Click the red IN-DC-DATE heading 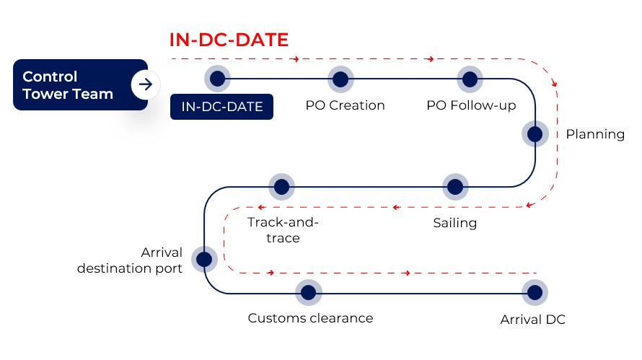pyautogui.click(x=229, y=39)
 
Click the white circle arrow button pyautogui.click(x=146, y=84)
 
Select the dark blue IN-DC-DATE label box pyautogui.click(x=221, y=107)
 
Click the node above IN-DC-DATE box pyautogui.click(x=217, y=78)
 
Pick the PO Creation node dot pyautogui.click(x=340, y=78)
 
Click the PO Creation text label pyautogui.click(x=345, y=105)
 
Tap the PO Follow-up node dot pyautogui.click(x=470, y=78)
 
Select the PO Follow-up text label pyautogui.click(x=471, y=105)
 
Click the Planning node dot pyautogui.click(x=535, y=133)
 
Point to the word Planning pyautogui.click(x=595, y=133)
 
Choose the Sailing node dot pyautogui.click(x=454, y=186)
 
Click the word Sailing pyautogui.click(x=455, y=222)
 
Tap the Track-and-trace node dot pyautogui.click(x=281, y=186)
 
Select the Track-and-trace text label pyautogui.click(x=283, y=229)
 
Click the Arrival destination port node pyautogui.click(x=204, y=258)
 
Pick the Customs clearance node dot pyautogui.click(x=309, y=292)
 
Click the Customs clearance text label pyautogui.click(x=310, y=318)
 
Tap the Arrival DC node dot pyautogui.click(x=535, y=292)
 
